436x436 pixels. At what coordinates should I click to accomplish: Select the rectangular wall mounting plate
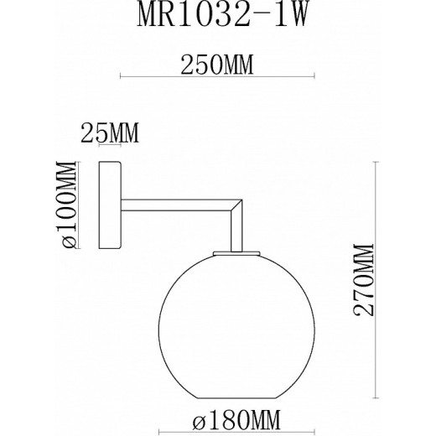109,205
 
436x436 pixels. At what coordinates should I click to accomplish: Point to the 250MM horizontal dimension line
218,78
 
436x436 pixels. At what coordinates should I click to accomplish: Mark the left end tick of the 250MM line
122,78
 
